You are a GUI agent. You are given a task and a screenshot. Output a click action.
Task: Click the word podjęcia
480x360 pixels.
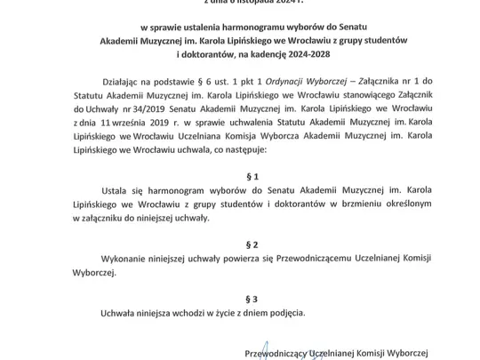pos(284,313)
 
